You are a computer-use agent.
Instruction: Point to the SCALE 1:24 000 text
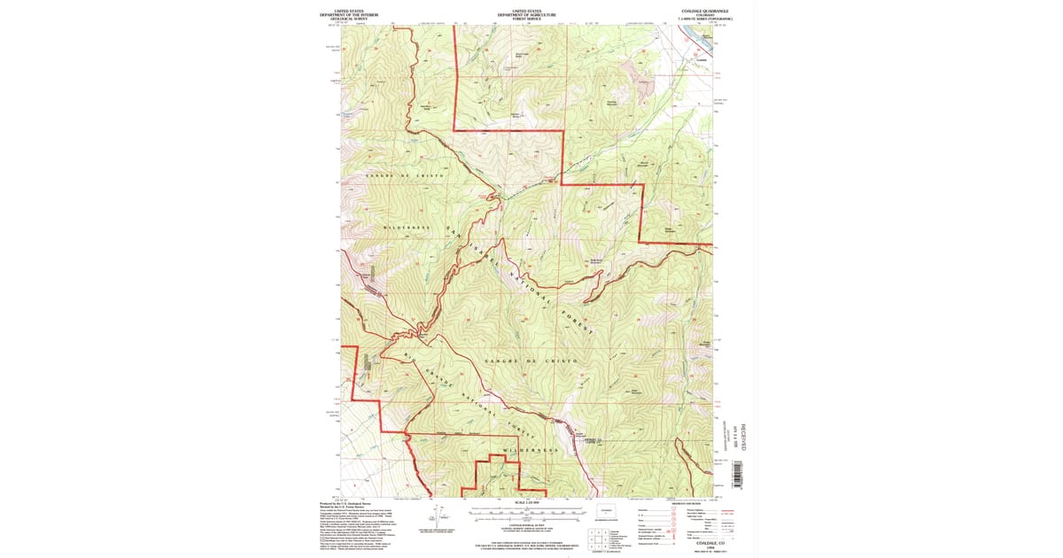526,505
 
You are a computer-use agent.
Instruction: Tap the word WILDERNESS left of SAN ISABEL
407,228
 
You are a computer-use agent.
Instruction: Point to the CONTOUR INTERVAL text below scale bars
526,525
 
